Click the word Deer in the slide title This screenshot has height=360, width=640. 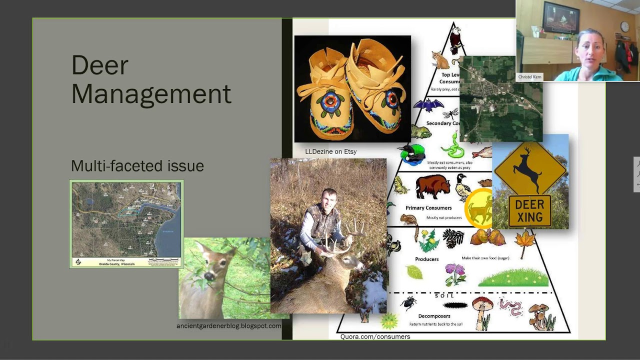[100, 65]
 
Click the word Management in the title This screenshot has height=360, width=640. [151, 94]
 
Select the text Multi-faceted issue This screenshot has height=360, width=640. [137, 166]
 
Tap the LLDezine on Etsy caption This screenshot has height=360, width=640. [330, 151]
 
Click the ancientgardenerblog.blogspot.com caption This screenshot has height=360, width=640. [228, 326]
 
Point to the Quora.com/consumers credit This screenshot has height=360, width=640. [375, 336]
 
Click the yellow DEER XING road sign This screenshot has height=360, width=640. [530, 182]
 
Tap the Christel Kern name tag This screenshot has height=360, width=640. [530, 77]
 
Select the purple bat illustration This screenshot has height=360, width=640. [428, 106]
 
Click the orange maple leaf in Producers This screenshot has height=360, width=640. [525, 241]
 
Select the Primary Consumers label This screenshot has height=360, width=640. [428, 208]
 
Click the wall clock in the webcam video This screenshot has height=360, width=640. [624, 26]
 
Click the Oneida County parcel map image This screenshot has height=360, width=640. [126, 224]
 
